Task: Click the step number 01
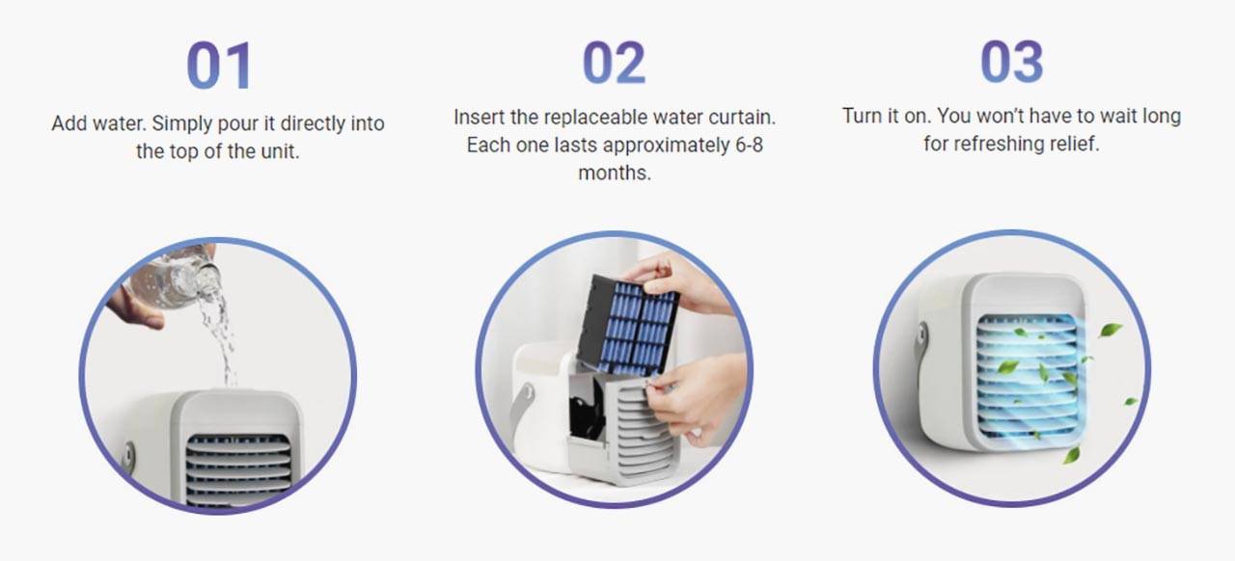[219, 66]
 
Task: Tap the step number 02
[614, 63]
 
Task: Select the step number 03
[1012, 62]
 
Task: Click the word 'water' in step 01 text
[118, 123]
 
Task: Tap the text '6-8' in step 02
[750, 145]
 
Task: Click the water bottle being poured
[176, 280]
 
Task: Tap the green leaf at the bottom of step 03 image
[1070, 456]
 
